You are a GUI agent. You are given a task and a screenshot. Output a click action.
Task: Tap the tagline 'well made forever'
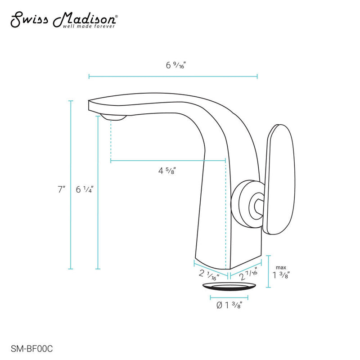coord(93,27)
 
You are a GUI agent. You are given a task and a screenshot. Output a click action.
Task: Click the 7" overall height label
coord(61,189)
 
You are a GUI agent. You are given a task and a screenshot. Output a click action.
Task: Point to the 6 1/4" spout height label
coord(84,189)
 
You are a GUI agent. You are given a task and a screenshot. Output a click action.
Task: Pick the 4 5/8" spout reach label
coord(166,171)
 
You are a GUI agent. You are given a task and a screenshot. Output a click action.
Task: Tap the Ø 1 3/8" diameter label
coord(229,306)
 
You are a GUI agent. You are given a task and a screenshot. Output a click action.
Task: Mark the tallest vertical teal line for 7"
coord(71,185)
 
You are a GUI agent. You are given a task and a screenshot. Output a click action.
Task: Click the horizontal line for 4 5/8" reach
coord(168,160)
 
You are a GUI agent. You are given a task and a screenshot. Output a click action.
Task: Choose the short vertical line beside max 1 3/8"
coord(269,272)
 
